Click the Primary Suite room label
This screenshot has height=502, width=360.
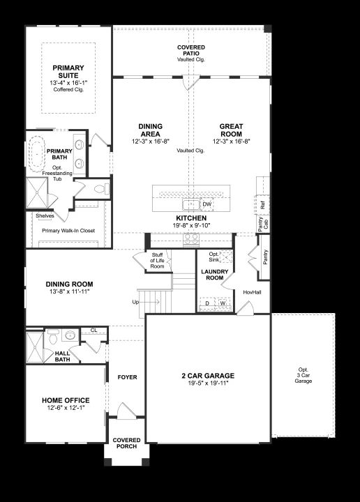[x=68, y=72]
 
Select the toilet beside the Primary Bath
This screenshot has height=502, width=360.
[x=102, y=189]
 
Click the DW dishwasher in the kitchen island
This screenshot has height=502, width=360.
[x=207, y=204]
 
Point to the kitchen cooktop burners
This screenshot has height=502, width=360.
[x=191, y=238]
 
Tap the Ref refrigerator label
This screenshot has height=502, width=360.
[x=262, y=205]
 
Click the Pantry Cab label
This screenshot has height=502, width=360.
[x=262, y=224]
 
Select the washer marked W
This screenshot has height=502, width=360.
[x=223, y=303]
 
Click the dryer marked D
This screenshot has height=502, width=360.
[x=207, y=303]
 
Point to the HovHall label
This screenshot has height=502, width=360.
[x=252, y=292]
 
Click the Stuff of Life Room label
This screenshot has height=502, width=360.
[x=157, y=261]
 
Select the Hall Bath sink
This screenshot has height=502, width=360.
[x=70, y=335]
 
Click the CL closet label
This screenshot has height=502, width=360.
[x=93, y=330]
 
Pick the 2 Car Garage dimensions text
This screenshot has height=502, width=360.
[x=208, y=383]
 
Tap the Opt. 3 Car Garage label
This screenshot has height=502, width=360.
[x=303, y=375]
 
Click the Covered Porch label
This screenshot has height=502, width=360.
[x=126, y=443]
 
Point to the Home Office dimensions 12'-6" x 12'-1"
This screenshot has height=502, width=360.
[x=66, y=408]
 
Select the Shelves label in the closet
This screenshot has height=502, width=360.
[x=45, y=215]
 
